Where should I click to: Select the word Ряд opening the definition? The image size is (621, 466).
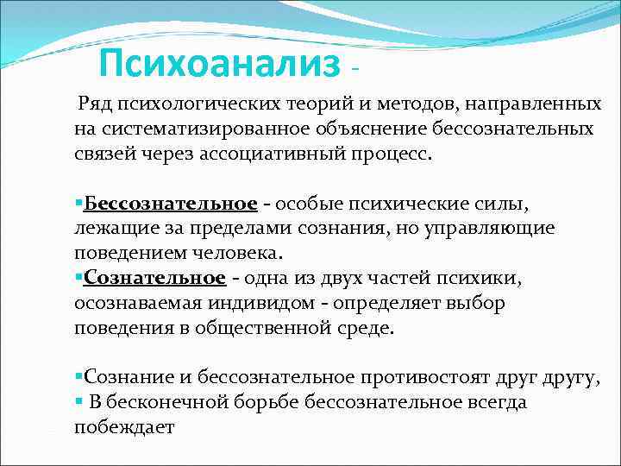pyautogui.click(x=95, y=104)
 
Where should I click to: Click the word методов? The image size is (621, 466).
pyautogui.click(x=414, y=104)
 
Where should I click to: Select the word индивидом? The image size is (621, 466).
pyautogui.click(x=287, y=303)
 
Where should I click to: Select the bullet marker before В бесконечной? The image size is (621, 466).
pyautogui.click(x=78, y=402)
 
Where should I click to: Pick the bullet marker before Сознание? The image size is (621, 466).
pyautogui.click(x=78, y=377)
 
